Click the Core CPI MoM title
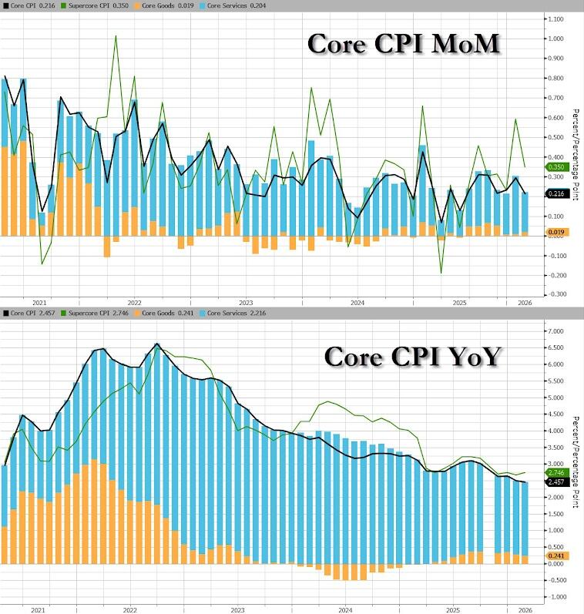tap(404, 44)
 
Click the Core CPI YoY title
tap(412, 356)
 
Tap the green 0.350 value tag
tap(557, 167)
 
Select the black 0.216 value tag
tap(557, 194)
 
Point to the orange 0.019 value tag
tap(557, 232)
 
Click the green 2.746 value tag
tap(557, 472)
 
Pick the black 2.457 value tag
tap(557, 482)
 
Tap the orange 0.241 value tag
tap(557, 555)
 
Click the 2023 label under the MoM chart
tap(247, 303)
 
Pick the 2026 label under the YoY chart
tap(523, 609)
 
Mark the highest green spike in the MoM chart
tap(116, 36)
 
